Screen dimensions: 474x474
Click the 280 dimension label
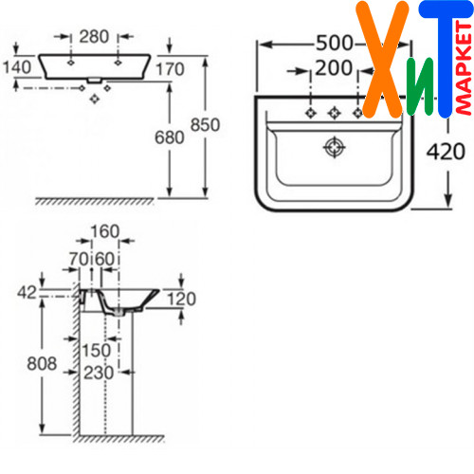coord(94,37)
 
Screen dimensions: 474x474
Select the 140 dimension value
coord(17,67)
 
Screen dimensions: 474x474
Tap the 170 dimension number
coord(170,69)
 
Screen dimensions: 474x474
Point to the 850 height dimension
coord(205,124)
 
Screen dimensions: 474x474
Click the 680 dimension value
coord(170,137)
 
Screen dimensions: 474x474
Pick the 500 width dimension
coord(335,43)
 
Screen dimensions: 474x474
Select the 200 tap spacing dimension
coord(334,67)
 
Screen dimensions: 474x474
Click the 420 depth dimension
coord(446,152)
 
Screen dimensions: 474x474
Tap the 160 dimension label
coord(105,231)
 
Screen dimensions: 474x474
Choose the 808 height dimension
coord(42,363)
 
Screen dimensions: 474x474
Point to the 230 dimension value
coord(99,373)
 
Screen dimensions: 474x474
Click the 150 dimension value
coord(97,350)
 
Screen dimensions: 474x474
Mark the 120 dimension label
coord(181,299)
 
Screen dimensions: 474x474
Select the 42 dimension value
coord(27,293)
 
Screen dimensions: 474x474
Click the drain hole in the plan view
coord(335,147)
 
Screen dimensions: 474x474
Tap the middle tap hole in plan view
coord(335,113)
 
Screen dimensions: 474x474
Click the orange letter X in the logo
coord(382,60)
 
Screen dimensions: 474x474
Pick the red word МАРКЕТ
coord(464,68)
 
